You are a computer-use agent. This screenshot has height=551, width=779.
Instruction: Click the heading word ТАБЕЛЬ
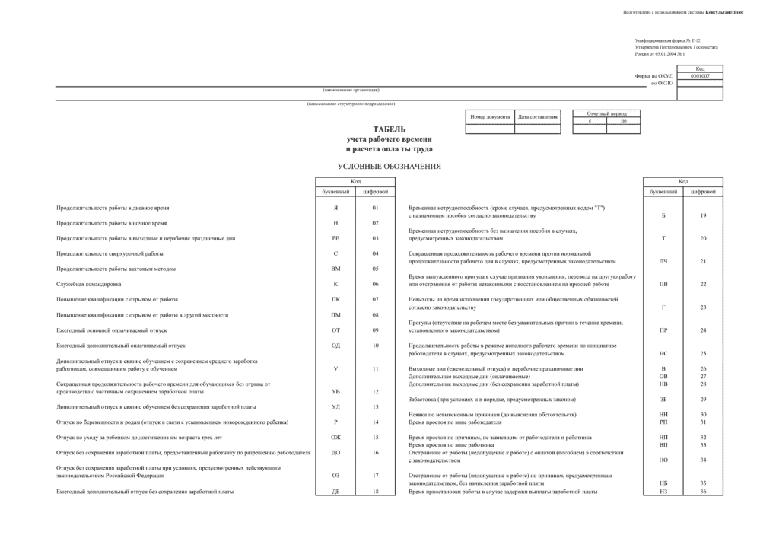click(389, 129)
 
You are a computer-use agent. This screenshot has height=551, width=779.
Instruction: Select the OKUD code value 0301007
click(700, 76)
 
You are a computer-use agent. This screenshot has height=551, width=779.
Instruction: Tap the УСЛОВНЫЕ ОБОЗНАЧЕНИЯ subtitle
click(389, 166)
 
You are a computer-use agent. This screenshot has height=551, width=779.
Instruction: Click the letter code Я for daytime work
click(335, 208)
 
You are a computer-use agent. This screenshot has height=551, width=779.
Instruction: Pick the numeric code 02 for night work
click(375, 223)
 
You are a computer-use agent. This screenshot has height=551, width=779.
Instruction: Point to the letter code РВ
click(335, 238)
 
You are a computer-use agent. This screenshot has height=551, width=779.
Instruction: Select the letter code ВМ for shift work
click(335, 269)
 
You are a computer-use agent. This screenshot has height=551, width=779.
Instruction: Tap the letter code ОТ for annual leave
click(335, 330)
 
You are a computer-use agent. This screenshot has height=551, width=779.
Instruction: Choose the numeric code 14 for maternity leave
click(375, 422)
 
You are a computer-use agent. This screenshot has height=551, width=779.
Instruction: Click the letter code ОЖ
click(335, 438)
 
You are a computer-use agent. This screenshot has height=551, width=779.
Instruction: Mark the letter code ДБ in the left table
click(335, 492)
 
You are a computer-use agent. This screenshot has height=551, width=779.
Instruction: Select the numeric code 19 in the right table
click(703, 215)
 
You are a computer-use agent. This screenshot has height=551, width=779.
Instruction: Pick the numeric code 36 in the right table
click(703, 492)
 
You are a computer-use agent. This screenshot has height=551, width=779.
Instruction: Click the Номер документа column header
click(490, 117)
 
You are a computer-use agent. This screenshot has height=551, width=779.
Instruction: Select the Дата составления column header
click(538, 117)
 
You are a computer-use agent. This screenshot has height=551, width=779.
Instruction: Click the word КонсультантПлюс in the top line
click(724, 12)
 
